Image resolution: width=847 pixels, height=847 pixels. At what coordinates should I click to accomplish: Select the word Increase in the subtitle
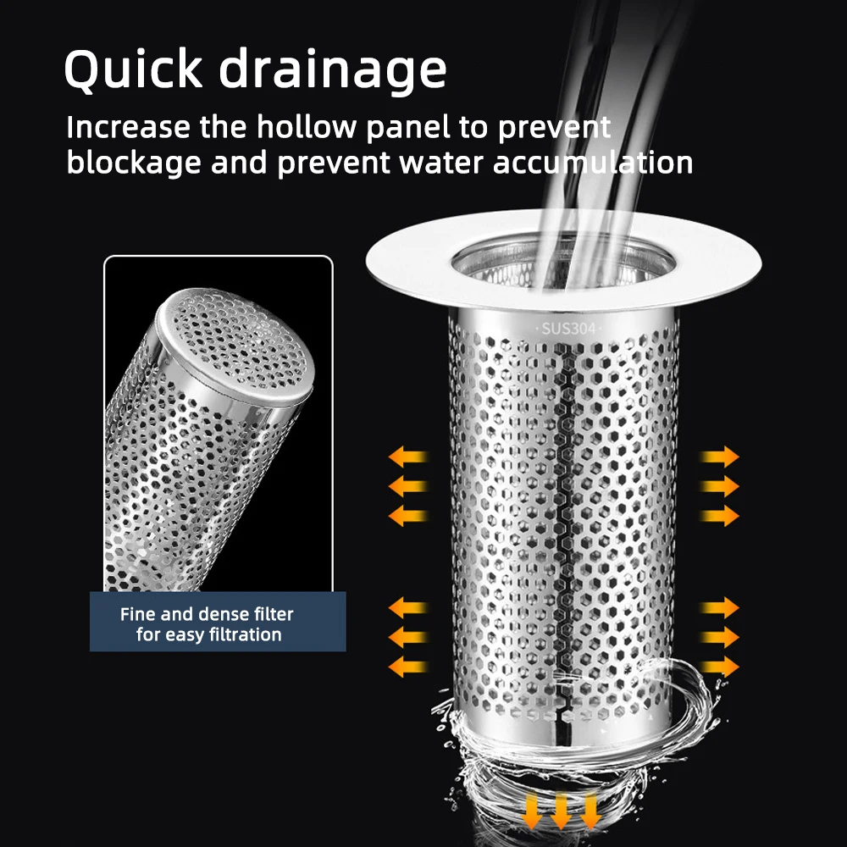128,128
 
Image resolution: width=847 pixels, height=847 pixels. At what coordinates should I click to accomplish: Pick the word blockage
133,162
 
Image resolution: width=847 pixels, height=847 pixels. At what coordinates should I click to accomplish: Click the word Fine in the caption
137,614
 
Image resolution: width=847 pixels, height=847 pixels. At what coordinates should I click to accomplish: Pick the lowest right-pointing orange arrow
720,667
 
